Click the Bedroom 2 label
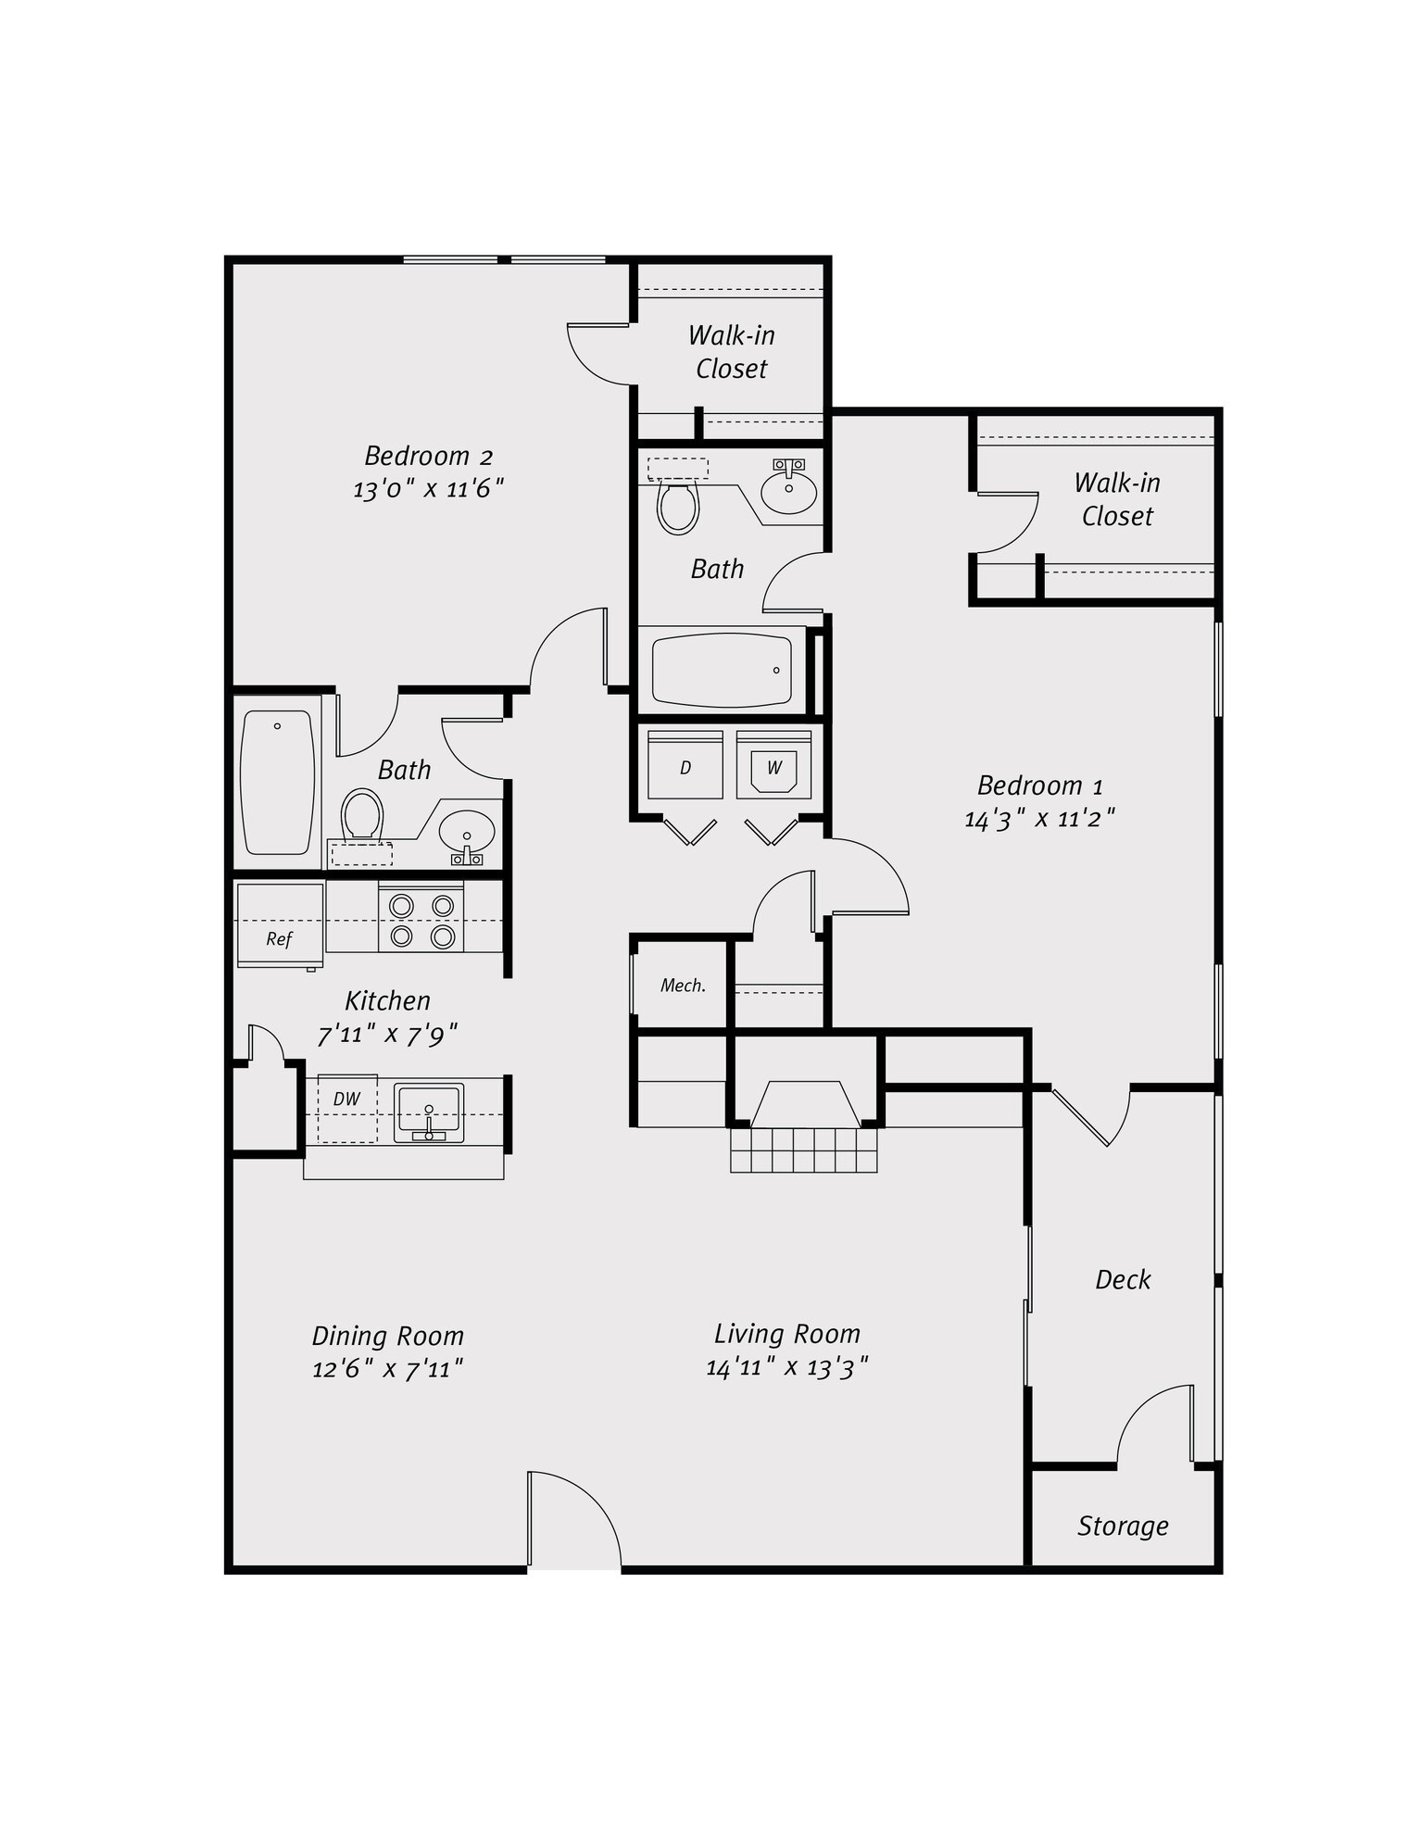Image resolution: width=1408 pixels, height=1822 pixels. tap(428, 456)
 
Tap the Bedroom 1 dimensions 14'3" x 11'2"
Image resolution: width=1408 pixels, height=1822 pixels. tap(1039, 819)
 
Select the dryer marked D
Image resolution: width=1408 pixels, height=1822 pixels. tap(685, 764)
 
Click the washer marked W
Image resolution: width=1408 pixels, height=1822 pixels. tap(774, 764)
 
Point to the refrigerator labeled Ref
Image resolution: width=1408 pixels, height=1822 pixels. tap(280, 925)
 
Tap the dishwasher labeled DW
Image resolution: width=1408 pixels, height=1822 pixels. tap(347, 1108)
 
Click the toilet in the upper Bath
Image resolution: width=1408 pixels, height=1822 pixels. tap(677, 497)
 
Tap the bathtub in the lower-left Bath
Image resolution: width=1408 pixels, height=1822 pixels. tap(277, 783)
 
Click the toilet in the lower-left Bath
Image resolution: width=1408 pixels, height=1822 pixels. tap(361, 826)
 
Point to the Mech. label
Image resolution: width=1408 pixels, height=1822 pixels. tap(684, 986)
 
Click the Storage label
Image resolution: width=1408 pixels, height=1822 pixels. tap(1123, 1525)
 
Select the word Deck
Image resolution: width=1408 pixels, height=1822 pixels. tap(1123, 1279)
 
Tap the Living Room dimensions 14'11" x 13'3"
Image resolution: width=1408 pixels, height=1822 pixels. tap(786, 1367)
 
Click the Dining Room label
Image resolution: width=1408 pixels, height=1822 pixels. tap(387, 1336)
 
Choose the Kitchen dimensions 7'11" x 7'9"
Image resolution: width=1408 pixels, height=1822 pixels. tap(387, 1035)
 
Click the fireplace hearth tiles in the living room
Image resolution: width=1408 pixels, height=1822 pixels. tap(803, 1150)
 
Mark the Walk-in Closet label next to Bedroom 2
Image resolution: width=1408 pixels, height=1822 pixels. tap(732, 352)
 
